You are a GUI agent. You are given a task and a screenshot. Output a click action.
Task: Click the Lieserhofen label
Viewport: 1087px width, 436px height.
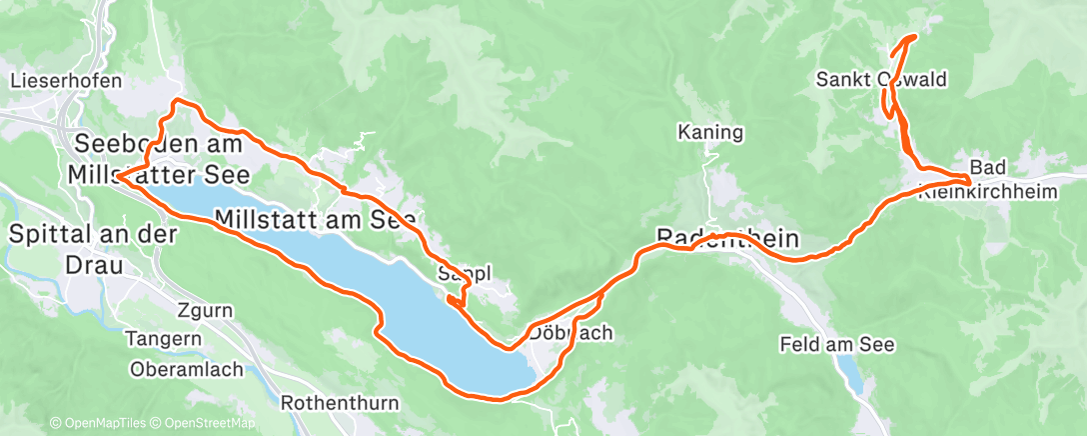[66, 81]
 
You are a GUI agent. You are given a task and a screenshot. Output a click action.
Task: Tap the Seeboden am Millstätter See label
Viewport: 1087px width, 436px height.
[157, 159]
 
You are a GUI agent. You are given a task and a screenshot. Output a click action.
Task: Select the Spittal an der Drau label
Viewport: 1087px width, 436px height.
[94, 249]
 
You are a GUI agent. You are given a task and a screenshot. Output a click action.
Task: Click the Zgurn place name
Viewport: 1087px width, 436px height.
[203, 311]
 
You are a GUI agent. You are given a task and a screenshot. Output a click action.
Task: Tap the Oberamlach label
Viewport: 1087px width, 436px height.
[186, 369]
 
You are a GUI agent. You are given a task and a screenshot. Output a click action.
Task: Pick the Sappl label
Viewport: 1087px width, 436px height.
[463, 273]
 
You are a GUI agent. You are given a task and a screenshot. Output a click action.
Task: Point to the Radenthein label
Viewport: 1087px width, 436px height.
[728, 237]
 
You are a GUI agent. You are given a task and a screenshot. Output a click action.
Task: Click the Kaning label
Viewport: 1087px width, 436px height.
[709, 131]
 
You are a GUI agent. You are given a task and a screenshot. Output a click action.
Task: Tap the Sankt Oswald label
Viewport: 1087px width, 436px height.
[881, 79]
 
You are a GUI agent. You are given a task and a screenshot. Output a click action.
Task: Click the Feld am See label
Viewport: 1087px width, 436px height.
[836, 345]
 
